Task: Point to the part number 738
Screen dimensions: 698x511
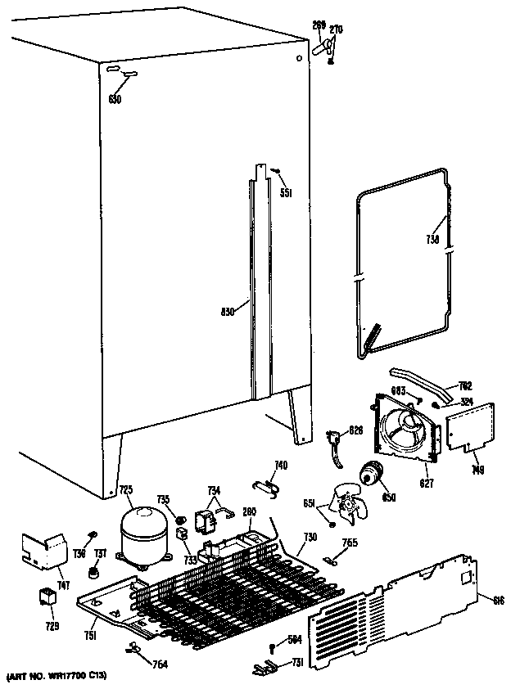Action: [433, 239]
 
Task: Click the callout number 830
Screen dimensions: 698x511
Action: [229, 310]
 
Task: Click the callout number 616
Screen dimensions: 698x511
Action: [497, 600]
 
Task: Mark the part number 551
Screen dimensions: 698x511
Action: [285, 193]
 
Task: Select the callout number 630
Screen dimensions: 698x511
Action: [115, 100]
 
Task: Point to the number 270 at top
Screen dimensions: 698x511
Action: [336, 30]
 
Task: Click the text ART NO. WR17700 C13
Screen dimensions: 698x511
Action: [57, 676]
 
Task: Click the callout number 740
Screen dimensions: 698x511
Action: [281, 466]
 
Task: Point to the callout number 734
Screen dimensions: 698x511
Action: [214, 490]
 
